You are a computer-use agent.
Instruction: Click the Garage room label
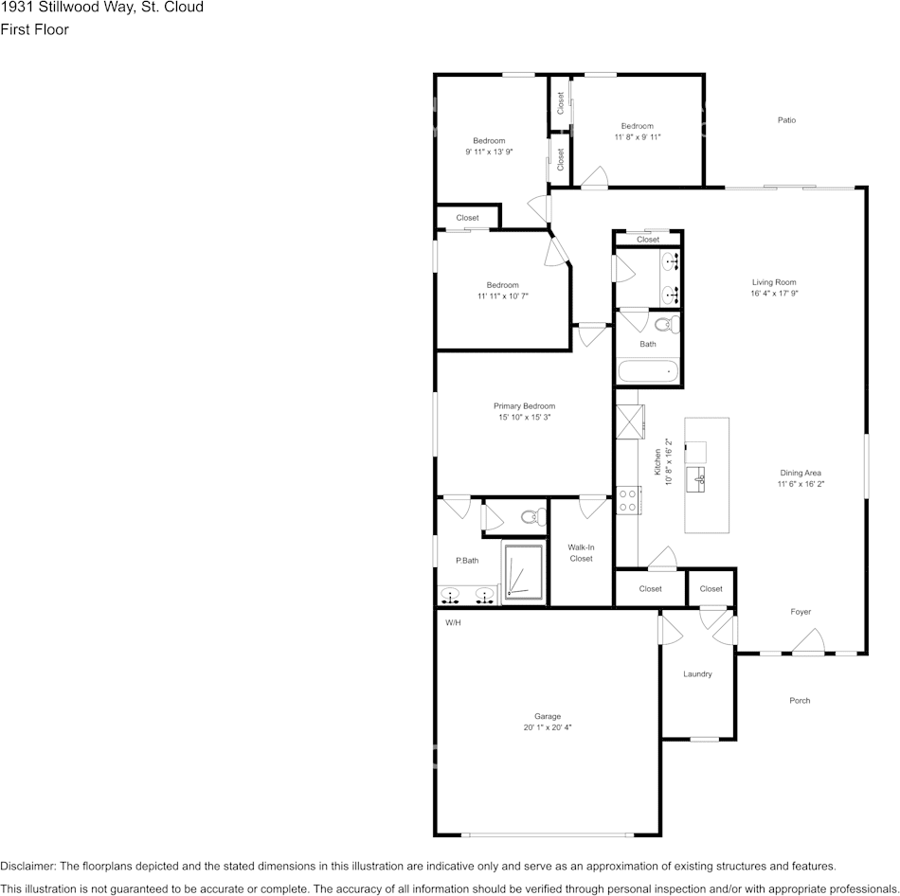(x=547, y=716)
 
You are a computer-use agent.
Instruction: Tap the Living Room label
(x=774, y=282)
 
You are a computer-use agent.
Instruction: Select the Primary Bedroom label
(x=524, y=405)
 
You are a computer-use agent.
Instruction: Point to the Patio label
(x=786, y=120)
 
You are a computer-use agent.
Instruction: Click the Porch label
(x=800, y=700)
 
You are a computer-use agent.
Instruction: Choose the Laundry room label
(x=697, y=673)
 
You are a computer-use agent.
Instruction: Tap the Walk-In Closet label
(x=581, y=553)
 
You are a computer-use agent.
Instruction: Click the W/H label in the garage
(x=453, y=622)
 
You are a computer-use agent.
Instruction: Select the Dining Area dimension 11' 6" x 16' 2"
(x=801, y=484)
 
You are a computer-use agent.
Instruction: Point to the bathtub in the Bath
(x=648, y=371)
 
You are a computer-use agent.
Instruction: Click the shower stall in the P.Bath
(x=524, y=572)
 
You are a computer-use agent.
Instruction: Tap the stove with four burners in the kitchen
(x=628, y=500)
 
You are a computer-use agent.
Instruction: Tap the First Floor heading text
(x=34, y=29)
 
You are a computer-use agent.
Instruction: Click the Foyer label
(x=801, y=611)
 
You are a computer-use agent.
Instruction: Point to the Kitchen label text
(x=657, y=461)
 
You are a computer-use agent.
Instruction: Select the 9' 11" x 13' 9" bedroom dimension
(x=489, y=152)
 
